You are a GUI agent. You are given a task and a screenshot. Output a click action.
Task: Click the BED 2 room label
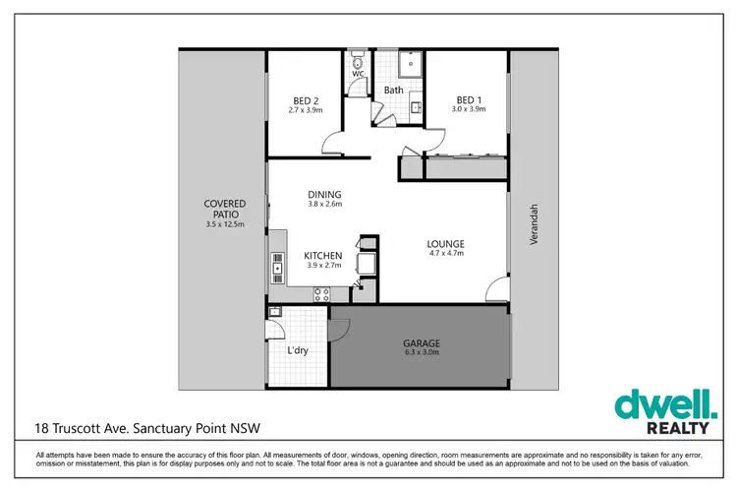coord(306,100)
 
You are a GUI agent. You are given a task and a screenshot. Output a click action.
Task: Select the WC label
coord(358,74)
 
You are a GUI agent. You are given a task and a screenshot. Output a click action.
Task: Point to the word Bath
coord(393,91)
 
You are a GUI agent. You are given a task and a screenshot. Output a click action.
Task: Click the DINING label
coord(323,194)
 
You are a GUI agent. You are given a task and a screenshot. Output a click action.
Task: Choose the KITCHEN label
coord(322,255)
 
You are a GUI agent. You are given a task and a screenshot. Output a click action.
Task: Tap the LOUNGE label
coord(445,243)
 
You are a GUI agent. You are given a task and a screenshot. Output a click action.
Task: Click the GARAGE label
coord(421,343)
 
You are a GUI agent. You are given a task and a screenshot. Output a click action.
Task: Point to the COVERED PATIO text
coord(224,210)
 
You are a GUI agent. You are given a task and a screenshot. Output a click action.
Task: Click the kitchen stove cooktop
coord(321,292)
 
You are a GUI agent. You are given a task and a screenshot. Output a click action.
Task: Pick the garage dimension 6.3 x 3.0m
coord(421,352)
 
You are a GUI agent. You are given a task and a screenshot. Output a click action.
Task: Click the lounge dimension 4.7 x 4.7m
coord(445,253)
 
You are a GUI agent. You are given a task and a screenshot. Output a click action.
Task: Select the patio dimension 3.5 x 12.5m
coord(224,225)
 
